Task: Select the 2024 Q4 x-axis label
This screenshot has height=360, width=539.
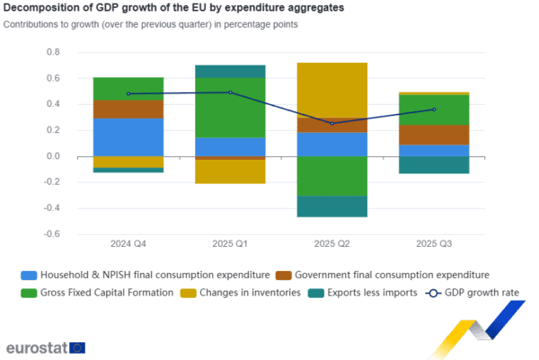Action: point(128,243)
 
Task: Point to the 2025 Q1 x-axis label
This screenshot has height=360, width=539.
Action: point(230,243)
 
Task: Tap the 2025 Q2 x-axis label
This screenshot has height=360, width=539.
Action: point(331,243)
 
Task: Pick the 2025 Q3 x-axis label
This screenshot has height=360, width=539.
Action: point(434,243)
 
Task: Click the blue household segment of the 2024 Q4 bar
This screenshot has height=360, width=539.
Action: point(128,136)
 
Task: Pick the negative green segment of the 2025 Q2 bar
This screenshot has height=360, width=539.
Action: point(331,176)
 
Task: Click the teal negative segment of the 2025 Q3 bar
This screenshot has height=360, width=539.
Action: point(434,165)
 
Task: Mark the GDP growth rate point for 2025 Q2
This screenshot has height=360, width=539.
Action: point(331,123)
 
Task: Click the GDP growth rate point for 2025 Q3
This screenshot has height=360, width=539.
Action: point(434,110)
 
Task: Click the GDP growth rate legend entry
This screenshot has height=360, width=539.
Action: point(468,293)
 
